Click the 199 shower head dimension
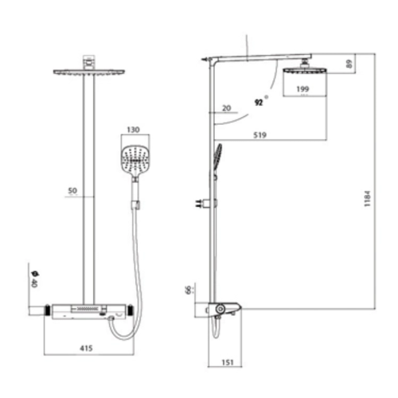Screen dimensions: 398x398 [x=303, y=88]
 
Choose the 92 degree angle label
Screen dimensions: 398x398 [x=258, y=101]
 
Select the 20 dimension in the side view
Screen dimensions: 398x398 [x=227, y=108]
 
